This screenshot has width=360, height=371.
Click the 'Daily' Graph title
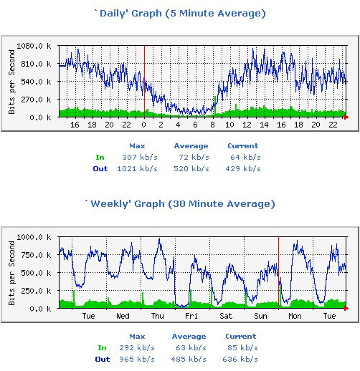[x=180, y=13]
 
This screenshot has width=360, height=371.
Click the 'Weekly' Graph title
[x=180, y=203]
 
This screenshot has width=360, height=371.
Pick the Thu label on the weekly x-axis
[x=157, y=316]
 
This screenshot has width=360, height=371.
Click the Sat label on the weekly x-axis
[x=226, y=316]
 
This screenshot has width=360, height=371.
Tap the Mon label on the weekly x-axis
[x=295, y=316]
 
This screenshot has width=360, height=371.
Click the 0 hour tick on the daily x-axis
[x=143, y=125]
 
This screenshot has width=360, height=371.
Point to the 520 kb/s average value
[x=193, y=169]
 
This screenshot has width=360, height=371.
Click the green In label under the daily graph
[x=100, y=157]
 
